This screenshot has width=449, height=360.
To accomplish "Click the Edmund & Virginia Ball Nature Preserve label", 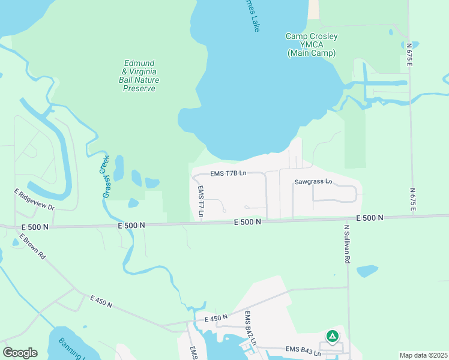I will click(x=139, y=75).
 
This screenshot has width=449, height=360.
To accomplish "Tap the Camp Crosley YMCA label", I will click(x=311, y=45).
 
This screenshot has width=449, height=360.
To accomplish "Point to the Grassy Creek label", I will click(x=106, y=176).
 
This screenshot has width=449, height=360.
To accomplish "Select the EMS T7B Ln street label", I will click(x=228, y=173).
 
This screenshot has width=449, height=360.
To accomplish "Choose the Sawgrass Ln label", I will click(x=313, y=181).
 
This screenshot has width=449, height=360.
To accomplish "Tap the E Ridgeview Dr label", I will click(x=34, y=199).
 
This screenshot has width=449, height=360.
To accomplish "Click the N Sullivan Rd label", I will click(x=346, y=244).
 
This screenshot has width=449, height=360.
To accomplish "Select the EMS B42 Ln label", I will click(x=250, y=328).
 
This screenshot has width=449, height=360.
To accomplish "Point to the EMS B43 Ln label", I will click(x=304, y=349).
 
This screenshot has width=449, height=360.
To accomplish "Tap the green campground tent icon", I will click(x=332, y=337).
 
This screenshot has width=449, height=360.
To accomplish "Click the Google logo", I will click(x=20, y=353).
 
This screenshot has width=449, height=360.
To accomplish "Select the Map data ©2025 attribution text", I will click(x=423, y=355).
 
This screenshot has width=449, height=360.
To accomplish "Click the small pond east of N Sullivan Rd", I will click(x=367, y=271).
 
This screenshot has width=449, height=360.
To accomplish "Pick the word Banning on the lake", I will click(x=71, y=347).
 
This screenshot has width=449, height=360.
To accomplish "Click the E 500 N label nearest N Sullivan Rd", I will click(x=369, y=218).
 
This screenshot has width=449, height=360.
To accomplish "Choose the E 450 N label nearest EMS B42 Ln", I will click(x=216, y=318).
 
